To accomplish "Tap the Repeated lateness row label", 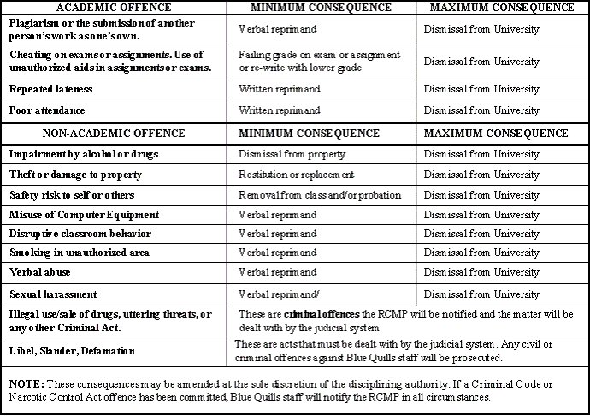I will coord(51,89).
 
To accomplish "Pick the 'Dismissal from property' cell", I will coord(292,154).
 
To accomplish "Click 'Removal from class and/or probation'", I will coord(320,195).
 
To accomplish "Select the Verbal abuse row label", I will coord(40,272).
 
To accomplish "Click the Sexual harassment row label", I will coord(53,294).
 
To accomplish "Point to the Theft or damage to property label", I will coord(75,175).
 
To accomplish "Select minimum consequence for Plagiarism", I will coord(280,29).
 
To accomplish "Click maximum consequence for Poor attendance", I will coord(481,110).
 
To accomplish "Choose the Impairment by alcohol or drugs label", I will coord(84,154).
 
